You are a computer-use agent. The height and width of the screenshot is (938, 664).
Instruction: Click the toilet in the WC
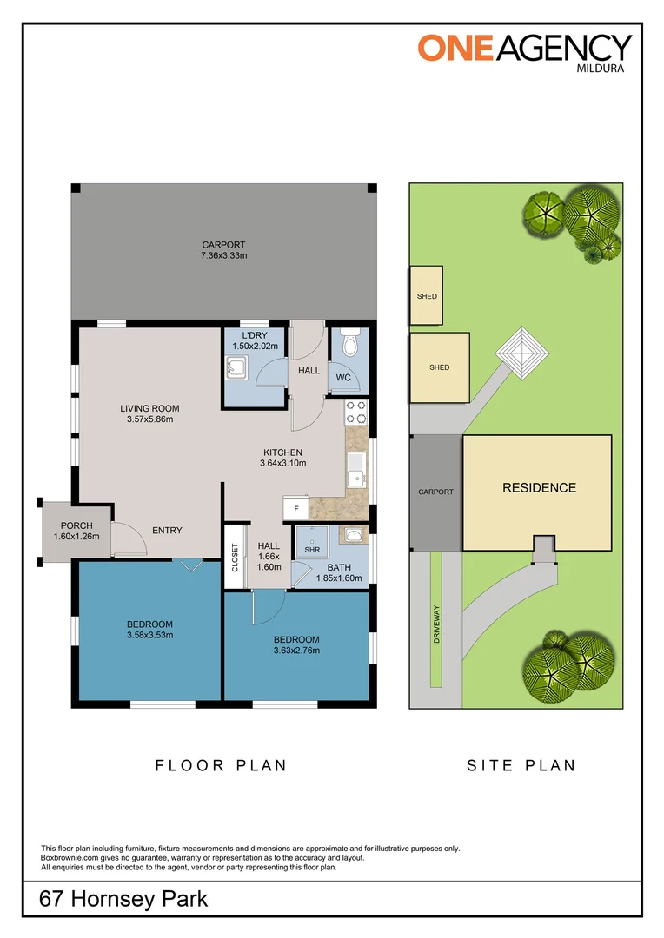[x=349, y=341]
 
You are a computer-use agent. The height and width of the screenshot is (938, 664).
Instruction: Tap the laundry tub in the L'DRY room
[x=237, y=368]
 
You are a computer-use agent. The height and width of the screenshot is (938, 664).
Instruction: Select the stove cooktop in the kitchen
[x=356, y=413]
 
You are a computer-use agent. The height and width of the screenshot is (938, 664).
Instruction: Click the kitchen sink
[x=357, y=470]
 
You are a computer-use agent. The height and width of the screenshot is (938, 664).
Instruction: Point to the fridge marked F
[x=295, y=508]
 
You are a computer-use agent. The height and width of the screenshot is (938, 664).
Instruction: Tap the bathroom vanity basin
[x=354, y=534]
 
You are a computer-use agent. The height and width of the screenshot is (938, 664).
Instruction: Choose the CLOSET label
[x=235, y=557]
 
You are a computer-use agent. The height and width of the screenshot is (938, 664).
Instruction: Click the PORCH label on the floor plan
[x=76, y=525]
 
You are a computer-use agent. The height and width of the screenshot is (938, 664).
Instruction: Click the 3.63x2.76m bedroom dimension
[x=296, y=651]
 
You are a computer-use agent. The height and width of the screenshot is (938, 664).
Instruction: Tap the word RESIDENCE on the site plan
[x=539, y=487]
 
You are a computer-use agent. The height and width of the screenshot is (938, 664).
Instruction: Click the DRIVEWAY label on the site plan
[x=436, y=624]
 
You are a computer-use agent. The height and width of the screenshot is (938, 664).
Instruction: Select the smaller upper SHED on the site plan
[x=427, y=295]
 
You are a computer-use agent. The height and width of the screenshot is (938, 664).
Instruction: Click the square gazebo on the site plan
[x=522, y=353]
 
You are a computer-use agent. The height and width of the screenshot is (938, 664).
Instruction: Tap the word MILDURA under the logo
[x=600, y=69]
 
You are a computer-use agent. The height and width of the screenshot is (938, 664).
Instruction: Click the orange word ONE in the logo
[x=455, y=48]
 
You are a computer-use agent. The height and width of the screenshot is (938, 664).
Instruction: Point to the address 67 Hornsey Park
[x=123, y=899]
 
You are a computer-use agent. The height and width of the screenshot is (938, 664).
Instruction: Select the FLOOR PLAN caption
[x=221, y=765]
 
